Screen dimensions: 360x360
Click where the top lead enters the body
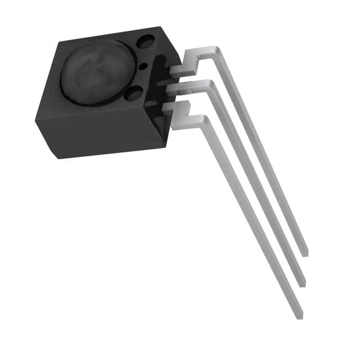(x=171, y=71)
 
